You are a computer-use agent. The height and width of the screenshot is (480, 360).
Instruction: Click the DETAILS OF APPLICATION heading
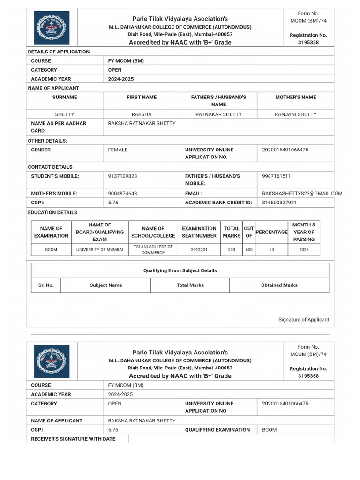tap(59, 52)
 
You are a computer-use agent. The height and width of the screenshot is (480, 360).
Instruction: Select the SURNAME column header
tap(65, 97)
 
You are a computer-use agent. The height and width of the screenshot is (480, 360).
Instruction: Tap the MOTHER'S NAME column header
tap(295, 97)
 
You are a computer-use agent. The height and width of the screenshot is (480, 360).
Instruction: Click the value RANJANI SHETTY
tap(295, 114)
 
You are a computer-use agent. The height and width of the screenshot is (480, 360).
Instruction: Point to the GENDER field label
tap(41, 150)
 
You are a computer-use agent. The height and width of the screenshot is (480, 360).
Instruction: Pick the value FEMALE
tap(118, 150)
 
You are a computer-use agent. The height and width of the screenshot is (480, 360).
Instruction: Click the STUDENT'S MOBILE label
tap(55, 176)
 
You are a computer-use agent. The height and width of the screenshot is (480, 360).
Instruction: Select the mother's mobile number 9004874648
tap(122, 193)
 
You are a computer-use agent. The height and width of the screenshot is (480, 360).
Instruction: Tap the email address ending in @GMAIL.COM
tap(302, 193)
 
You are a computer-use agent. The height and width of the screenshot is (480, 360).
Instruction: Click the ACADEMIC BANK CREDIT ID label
tap(218, 202)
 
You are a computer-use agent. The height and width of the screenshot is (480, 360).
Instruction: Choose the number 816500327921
tap(279, 202)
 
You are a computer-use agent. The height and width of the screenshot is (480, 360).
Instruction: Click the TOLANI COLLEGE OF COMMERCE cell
tap(153, 249)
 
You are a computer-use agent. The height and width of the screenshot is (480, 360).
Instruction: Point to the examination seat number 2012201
tap(199, 250)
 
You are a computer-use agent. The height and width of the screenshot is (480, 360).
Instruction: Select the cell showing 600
tap(248, 250)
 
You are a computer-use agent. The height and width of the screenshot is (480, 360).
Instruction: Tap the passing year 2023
tap(304, 250)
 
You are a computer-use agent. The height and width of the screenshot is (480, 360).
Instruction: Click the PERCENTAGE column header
tap(271, 232)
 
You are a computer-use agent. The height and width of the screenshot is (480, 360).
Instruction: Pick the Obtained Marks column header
tap(279, 285)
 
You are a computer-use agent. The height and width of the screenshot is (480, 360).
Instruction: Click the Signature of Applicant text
tap(303, 320)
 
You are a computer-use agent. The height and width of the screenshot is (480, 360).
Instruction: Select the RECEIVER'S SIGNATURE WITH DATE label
tap(73, 439)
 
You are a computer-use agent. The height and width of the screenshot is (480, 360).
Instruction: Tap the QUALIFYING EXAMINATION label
tap(217, 430)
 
